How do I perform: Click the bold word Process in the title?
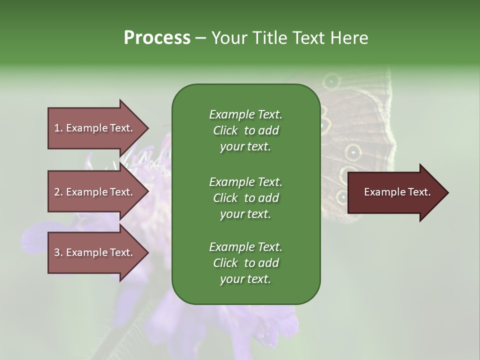(157, 38)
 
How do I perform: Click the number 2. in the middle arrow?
(58, 192)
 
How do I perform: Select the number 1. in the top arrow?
(58, 128)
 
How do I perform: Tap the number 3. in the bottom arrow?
(58, 252)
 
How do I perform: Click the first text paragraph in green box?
(245, 130)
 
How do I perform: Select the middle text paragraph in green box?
(245, 197)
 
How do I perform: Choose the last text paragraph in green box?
(245, 263)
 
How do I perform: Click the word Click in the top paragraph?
(225, 130)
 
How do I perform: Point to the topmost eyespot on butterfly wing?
(331, 80)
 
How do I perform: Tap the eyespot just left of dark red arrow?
(341, 197)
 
